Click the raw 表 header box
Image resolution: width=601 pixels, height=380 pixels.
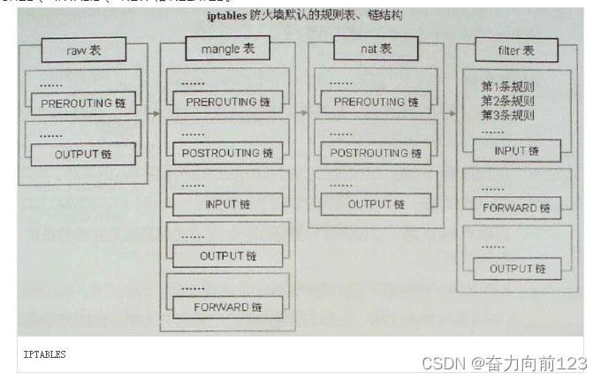[84, 50]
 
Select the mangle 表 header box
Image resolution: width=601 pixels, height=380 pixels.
[226, 50]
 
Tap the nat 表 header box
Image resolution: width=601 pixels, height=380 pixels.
[373, 49]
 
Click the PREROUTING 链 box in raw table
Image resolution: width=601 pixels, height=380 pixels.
[83, 103]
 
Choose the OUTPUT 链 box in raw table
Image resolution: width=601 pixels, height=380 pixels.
[83, 155]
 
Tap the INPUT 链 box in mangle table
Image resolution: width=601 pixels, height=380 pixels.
[227, 204]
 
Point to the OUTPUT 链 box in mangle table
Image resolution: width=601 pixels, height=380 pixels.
[227, 256]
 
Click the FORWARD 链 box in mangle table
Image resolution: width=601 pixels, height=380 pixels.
[227, 308]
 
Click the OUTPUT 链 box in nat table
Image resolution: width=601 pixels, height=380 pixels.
[376, 204]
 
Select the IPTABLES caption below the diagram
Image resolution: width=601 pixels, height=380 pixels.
[44, 354]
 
